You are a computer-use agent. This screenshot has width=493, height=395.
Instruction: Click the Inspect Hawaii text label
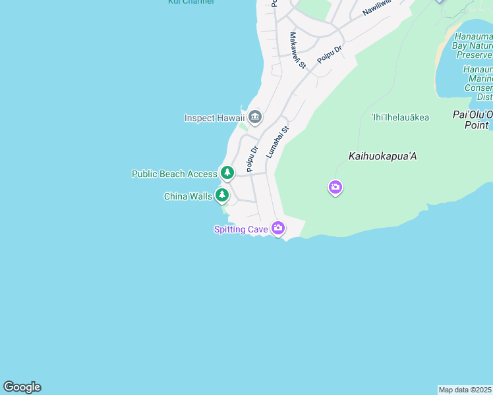click(214, 118)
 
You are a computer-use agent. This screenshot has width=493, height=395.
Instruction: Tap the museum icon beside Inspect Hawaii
click(255, 118)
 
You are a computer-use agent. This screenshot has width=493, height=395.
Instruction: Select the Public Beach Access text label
click(174, 174)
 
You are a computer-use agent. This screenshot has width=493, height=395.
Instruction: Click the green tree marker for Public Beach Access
click(227, 173)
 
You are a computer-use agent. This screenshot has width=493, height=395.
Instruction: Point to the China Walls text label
click(188, 196)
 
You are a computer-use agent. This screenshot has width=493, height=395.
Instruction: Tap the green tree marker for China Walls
click(223, 195)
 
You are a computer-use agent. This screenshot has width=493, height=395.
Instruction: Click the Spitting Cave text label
click(240, 229)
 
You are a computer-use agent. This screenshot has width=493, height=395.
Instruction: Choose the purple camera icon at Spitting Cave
click(278, 228)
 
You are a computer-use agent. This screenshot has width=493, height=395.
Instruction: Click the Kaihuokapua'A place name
click(382, 157)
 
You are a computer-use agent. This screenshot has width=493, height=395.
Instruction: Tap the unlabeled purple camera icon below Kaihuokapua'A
click(335, 188)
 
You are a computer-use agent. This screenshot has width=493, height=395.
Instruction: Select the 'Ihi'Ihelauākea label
click(400, 118)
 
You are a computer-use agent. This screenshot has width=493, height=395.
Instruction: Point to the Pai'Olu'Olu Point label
click(473, 119)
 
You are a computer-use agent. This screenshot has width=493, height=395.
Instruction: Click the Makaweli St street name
click(298, 51)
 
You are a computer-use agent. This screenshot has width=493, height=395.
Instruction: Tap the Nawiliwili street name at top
click(377, 9)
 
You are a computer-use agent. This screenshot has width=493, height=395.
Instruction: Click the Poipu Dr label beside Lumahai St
click(252, 159)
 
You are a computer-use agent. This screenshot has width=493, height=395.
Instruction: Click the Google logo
click(22, 387)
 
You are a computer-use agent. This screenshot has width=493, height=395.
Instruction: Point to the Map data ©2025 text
click(465, 390)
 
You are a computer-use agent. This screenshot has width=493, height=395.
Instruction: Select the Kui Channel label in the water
click(191, 2)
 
